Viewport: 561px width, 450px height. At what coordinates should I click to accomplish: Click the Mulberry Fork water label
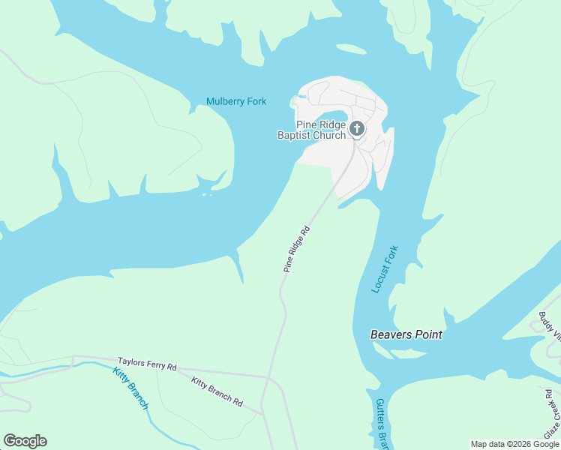tap(236, 101)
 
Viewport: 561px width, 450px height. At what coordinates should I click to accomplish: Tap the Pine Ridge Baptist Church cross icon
tap(357, 130)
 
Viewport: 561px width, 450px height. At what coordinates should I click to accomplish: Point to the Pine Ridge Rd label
tap(296, 250)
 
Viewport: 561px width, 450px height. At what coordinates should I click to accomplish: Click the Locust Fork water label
tap(385, 269)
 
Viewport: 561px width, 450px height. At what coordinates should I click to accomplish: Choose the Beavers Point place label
tap(406, 334)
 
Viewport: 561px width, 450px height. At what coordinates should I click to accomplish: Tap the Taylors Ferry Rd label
tap(147, 364)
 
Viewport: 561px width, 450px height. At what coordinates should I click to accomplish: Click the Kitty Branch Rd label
tap(217, 392)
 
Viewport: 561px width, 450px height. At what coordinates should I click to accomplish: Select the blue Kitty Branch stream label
tap(131, 388)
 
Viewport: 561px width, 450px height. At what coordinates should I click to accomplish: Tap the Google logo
tap(25, 441)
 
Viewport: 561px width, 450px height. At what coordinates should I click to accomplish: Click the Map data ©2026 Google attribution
tap(514, 444)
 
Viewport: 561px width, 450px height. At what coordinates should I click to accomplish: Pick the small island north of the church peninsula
tap(351, 49)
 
